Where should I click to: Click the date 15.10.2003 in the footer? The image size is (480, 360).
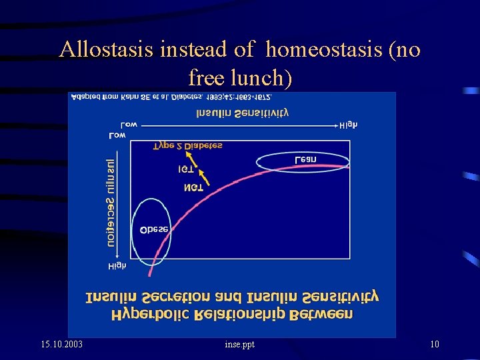62,344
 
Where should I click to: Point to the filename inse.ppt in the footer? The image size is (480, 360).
239,344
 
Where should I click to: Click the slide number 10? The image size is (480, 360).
435,344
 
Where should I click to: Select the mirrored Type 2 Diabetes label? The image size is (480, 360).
188,145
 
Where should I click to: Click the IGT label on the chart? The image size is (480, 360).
186,170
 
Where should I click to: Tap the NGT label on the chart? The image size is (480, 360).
194,189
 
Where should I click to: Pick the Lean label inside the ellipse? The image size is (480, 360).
305,159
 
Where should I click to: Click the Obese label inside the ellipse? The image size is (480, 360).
154,229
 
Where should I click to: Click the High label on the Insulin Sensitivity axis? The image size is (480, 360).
348,125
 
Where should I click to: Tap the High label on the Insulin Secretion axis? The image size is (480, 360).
117,266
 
